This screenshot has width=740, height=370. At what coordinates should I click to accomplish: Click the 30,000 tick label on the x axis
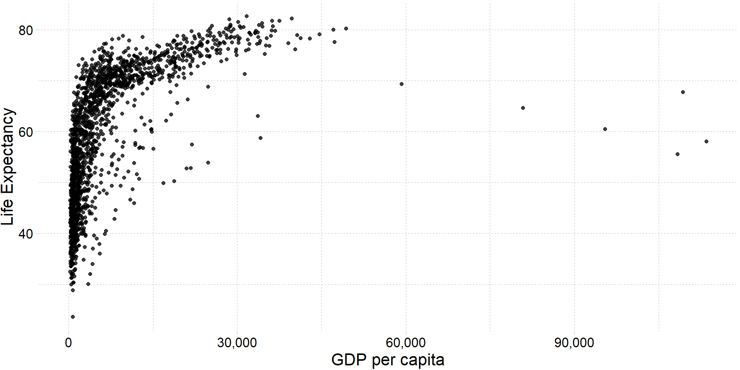pos(237,343)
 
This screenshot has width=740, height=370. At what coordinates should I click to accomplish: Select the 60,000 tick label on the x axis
pos(405,343)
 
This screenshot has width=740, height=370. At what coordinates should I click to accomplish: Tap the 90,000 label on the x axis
pos(574,343)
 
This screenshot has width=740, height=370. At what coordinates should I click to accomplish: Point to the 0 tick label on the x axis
pos(69,343)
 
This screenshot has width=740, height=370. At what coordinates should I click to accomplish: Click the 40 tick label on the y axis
pos(26,234)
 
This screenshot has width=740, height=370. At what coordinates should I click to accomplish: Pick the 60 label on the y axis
pos(26,132)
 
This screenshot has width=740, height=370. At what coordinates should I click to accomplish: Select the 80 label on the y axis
pos(26,30)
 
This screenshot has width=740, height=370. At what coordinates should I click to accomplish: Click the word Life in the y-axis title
pos(8,212)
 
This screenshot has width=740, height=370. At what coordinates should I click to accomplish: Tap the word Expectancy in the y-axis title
pos(8,151)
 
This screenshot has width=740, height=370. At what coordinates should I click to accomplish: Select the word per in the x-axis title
pos(384,360)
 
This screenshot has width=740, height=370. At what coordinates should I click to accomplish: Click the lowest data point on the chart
pos(72,317)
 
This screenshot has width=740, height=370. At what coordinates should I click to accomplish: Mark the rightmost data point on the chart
pos(706,141)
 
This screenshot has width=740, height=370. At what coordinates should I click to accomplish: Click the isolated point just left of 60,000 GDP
pos(402,84)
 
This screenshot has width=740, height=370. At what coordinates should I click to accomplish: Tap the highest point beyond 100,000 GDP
pos(683,92)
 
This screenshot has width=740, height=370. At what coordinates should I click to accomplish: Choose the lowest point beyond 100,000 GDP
pos(678,154)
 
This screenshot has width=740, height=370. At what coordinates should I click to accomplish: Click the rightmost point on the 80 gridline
pos(346,29)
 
